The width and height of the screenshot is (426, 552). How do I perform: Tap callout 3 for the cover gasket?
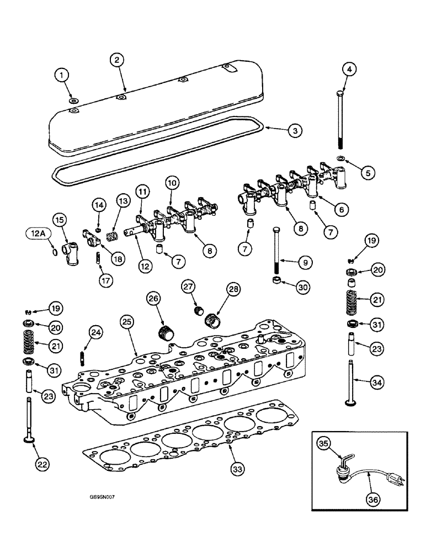[295, 131]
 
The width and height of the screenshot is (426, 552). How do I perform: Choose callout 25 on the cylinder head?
[127, 321]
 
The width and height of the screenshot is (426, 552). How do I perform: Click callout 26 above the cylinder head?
[153, 299]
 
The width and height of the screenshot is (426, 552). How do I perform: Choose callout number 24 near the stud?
[96, 332]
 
